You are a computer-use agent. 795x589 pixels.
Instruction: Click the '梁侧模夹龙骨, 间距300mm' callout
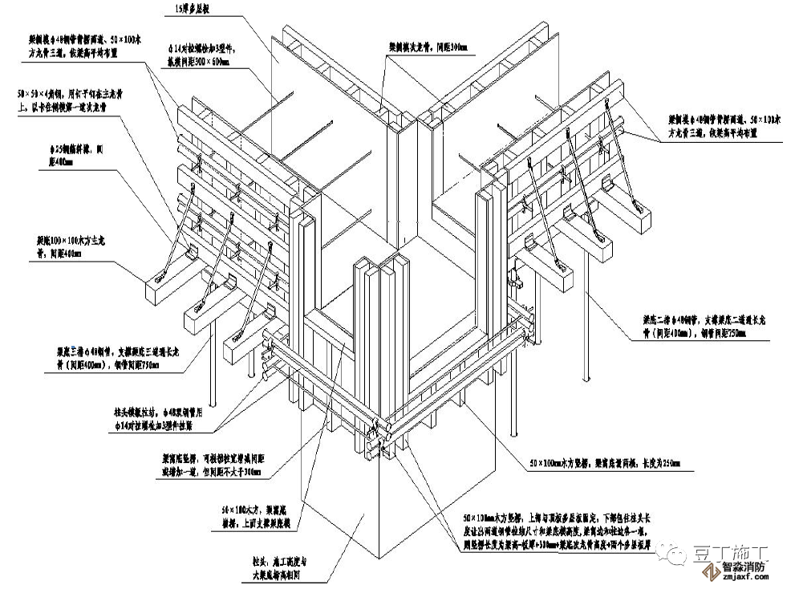429,47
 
